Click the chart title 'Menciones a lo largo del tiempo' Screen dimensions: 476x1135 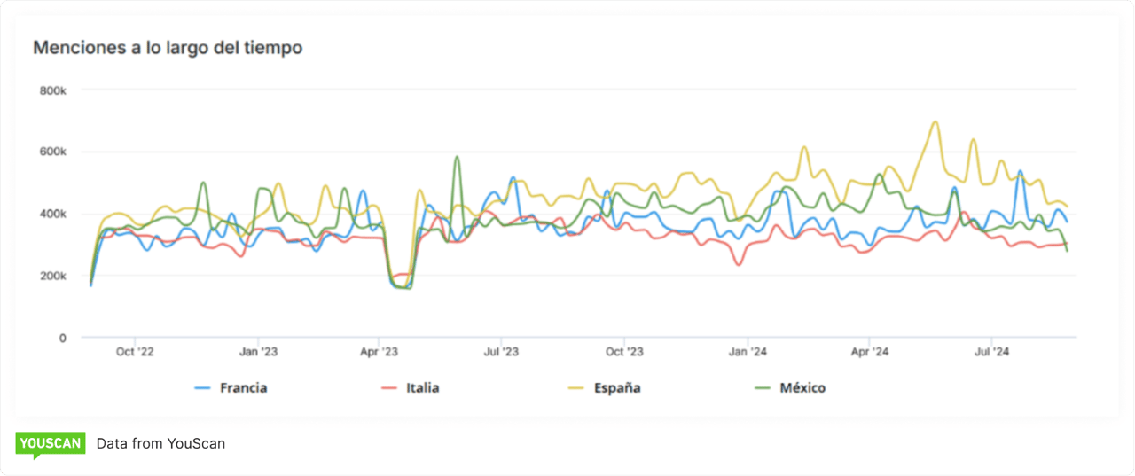tap(168, 48)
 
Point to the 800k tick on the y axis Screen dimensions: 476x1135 tap(53, 90)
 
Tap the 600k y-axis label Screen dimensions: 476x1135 tap(53, 152)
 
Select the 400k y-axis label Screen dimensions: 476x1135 tap(53, 215)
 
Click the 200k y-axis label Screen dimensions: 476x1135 tap(53, 277)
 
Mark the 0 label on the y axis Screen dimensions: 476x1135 tap(62, 338)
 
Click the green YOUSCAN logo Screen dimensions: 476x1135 tap(51, 443)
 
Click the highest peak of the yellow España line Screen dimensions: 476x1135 tap(935, 122)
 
